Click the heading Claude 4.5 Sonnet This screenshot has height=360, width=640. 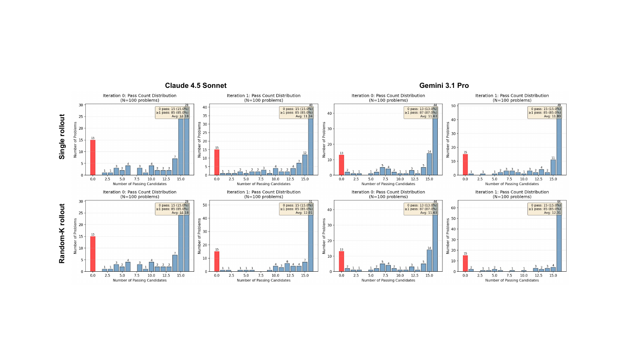click(196, 86)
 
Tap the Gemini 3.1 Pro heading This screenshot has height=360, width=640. click(444, 86)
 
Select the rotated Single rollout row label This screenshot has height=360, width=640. click(62, 136)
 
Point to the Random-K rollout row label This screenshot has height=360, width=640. click(62, 233)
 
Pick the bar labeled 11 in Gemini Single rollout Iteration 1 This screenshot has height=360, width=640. click(553, 168)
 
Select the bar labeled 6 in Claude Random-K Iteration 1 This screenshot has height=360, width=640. click(287, 267)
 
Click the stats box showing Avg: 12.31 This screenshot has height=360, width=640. click(544, 209)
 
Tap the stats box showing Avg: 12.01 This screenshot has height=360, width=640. click(297, 209)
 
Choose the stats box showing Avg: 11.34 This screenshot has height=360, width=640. click(297, 113)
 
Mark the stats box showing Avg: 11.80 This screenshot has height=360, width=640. click(544, 113)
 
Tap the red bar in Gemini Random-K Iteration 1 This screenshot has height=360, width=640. click(465, 264)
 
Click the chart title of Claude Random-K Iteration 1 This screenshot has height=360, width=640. click(263, 194)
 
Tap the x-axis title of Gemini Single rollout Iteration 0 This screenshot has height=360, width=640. click(388, 184)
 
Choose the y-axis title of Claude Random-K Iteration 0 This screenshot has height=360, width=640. click(75, 236)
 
